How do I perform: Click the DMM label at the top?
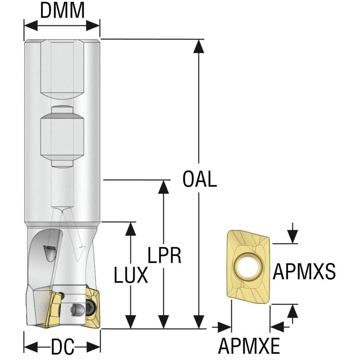click(x=62, y=11)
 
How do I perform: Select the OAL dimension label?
click(x=200, y=180)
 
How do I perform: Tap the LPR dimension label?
click(x=164, y=256)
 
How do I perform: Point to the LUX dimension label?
click(x=130, y=275)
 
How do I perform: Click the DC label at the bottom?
click(x=63, y=347)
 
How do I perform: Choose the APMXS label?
click(x=305, y=271)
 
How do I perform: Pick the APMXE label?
click(x=249, y=346)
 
